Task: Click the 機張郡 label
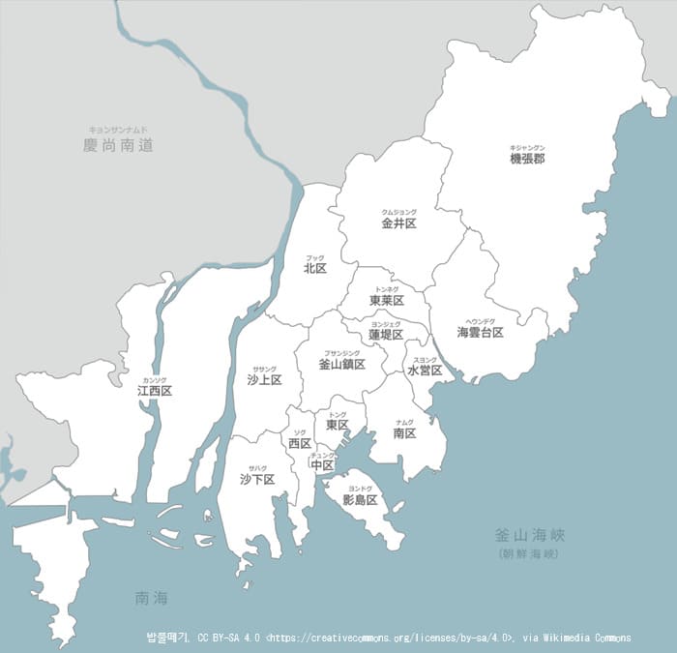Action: pyautogui.click(x=527, y=158)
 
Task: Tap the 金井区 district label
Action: pyautogui.click(x=398, y=223)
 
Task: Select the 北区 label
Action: pyautogui.click(x=315, y=268)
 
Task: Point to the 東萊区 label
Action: pyautogui.click(x=387, y=301)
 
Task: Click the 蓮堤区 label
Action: pyautogui.click(x=386, y=335)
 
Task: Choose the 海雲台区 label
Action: pyautogui.click(x=481, y=332)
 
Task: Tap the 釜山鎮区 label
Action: pyautogui.click(x=342, y=365)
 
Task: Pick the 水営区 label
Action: pyautogui.click(x=425, y=371)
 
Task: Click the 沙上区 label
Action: pyautogui.click(x=264, y=380)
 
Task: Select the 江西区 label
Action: pyautogui.click(x=155, y=391)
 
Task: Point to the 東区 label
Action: pyautogui.click(x=338, y=425)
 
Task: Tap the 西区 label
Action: pyautogui.click(x=300, y=443)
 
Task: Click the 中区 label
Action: pyautogui.click(x=323, y=465)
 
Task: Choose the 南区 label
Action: pyautogui.click(x=405, y=433)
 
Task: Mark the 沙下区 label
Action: pyautogui.click(x=257, y=479)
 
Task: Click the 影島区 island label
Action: pyautogui.click(x=360, y=500)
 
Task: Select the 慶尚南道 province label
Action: pyautogui.click(x=119, y=146)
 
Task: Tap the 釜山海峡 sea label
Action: pyautogui.click(x=528, y=535)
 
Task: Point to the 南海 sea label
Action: pyautogui.click(x=153, y=600)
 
